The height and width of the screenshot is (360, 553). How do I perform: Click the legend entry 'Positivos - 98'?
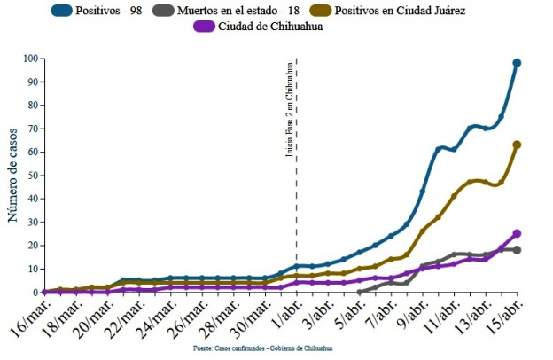tap(120, 11)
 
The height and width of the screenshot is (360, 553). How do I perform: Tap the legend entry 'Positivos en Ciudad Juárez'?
tap(409, 11)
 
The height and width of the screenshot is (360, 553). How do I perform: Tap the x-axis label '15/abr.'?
tap(503, 318)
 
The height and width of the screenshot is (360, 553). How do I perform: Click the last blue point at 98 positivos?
tap(517, 63)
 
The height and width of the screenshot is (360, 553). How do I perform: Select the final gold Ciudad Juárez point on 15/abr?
tap(517, 145)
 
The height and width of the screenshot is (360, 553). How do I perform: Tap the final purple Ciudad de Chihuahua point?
tap(517, 234)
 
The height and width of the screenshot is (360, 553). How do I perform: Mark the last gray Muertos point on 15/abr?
tap(517, 250)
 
